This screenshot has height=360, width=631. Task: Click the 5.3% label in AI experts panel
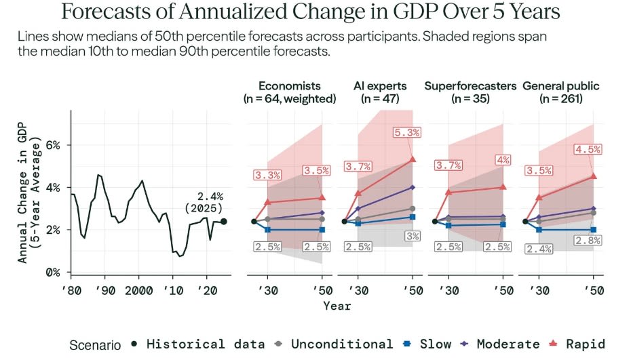(x=406, y=133)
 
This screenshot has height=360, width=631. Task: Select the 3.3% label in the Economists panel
(x=268, y=176)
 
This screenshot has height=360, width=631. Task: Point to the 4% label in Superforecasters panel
(x=503, y=160)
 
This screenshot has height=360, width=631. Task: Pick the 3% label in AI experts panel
(x=412, y=236)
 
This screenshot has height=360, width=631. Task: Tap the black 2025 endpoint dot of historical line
(x=224, y=221)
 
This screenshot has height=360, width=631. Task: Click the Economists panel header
(x=290, y=92)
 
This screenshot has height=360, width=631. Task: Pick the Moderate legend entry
(x=503, y=344)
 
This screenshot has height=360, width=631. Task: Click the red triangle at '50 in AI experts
(x=412, y=159)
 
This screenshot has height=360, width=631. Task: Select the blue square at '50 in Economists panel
(x=322, y=230)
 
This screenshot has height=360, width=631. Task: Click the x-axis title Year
(x=337, y=306)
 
